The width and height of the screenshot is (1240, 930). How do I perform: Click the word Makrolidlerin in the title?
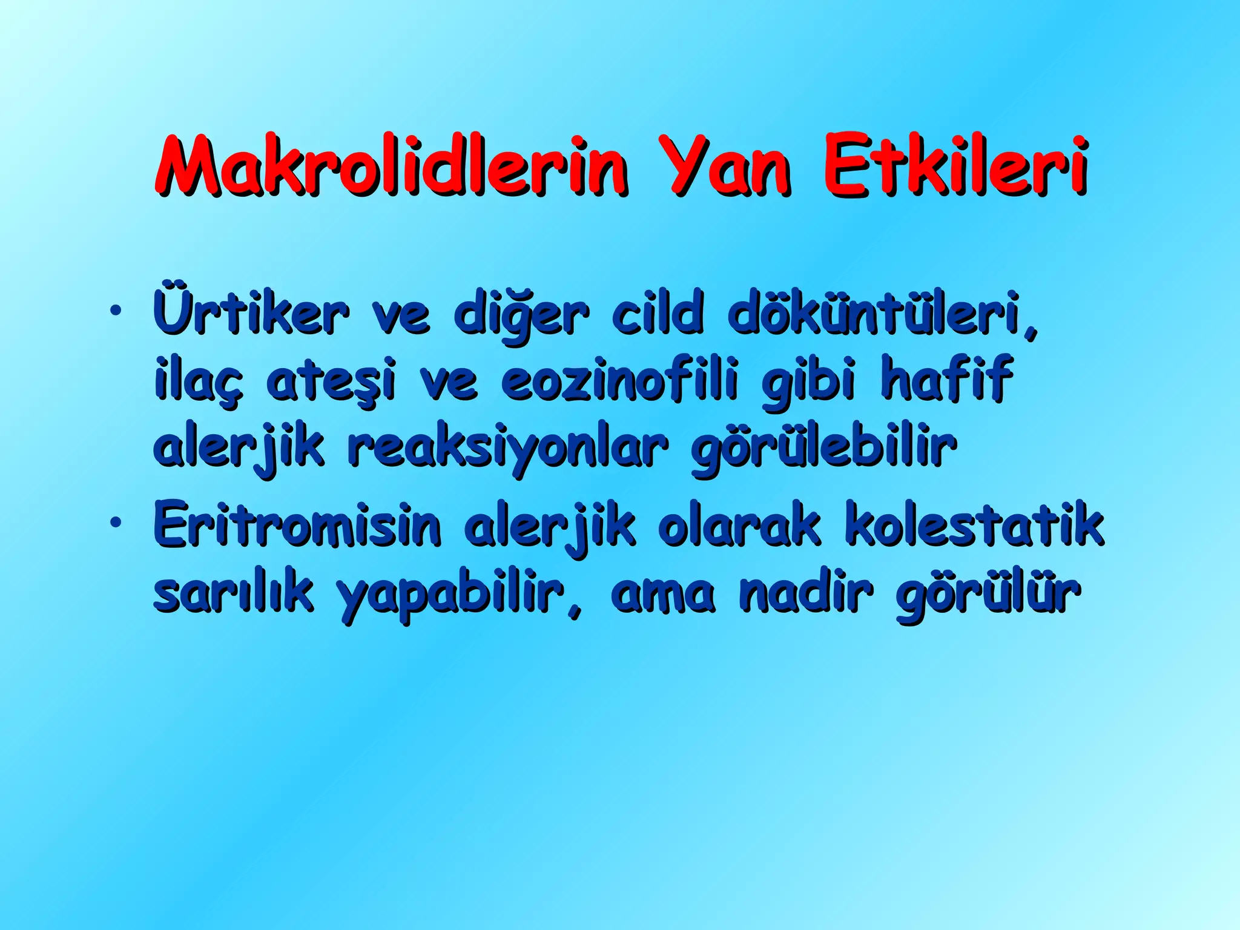(x=391, y=166)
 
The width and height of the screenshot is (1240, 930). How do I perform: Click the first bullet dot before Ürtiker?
(x=114, y=312)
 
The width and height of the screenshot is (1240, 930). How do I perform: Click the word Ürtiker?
(x=251, y=314)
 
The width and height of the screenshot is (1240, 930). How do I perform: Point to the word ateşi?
(x=331, y=380)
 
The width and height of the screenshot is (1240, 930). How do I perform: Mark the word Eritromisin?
(x=297, y=524)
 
